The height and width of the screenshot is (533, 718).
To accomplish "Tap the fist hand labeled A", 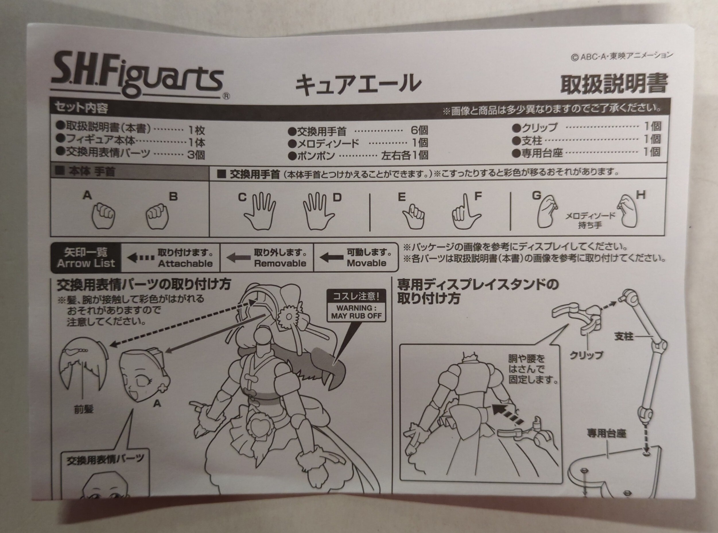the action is (104, 215).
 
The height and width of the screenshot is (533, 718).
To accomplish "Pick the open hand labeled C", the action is (260, 211).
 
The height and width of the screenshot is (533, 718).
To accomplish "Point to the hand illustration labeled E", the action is (414, 216).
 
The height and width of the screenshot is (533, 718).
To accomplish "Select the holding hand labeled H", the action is (627, 211).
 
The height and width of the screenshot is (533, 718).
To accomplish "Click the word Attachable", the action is (185, 263).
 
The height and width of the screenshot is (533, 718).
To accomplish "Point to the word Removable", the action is (280, 263).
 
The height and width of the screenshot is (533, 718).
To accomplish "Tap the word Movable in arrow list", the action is (366, 263).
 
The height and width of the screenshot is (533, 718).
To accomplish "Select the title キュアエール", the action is (358, 84).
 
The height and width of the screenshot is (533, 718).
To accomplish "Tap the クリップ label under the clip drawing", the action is (586, 355).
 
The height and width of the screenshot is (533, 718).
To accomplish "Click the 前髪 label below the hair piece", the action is (84, 409).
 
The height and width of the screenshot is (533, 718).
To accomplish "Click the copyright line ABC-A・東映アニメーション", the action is (622, 56).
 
